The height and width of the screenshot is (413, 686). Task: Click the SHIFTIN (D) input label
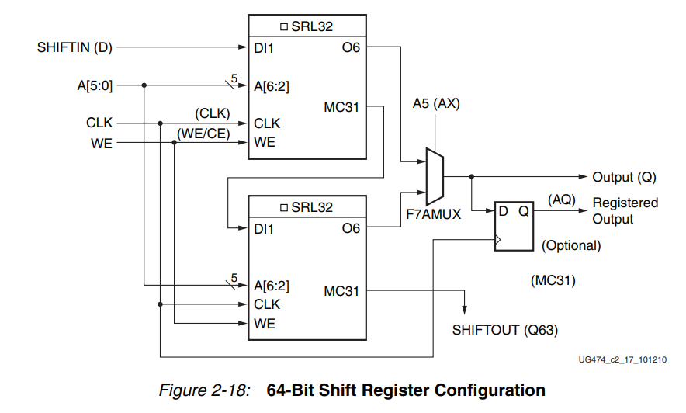tap(74, 48)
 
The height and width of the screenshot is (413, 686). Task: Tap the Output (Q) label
tap(624, 177)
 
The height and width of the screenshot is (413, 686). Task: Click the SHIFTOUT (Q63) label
tap(504, 330)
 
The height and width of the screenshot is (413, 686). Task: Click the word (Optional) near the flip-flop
tap(571, 246)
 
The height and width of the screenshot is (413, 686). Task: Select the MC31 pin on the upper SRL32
tap(341, 107)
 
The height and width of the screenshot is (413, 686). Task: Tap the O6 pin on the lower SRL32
tap(351, 228)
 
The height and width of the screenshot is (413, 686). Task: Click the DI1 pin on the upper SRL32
tap(264, 48)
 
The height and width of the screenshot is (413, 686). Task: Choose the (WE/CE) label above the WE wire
tap(203, 134)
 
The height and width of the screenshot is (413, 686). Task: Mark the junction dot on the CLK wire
tap(160, 123)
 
